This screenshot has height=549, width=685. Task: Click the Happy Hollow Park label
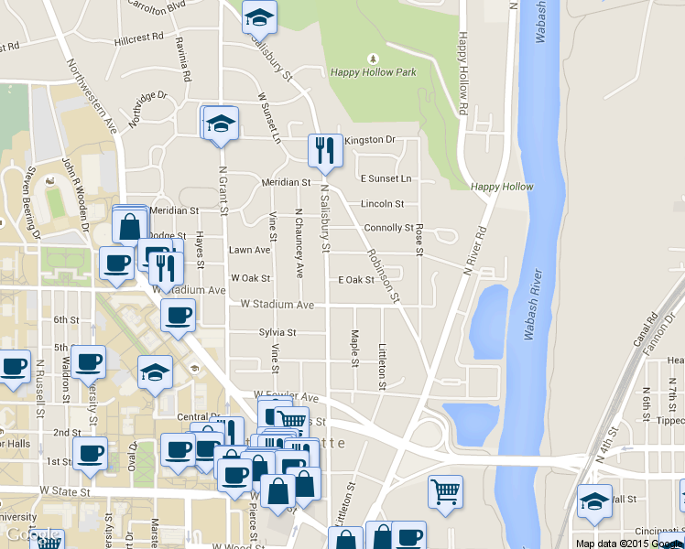pyautogui.click(x=374, y=72)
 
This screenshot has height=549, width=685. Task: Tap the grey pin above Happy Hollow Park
pyautogui.click(x=372, y=58)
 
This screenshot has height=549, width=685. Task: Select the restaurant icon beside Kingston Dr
pyautogui.click(x=323, y=152)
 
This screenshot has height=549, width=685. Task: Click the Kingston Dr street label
pyautogui.click(x=371, y=139)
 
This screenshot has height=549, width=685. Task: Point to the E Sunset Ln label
pyautogui.click(x=386, y=178)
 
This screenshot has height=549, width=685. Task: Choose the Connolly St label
pyautogui.click(x=388, y=228)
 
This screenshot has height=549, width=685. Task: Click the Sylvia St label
pyautogui.click(x=277, y=332)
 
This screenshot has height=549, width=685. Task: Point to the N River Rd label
pyautogui.click(x=477, y=252)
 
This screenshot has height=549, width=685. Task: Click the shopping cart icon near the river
pyautogui.click(x=446, y=491)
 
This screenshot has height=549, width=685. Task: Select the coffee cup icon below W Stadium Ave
pyautogui.click(x=179, y=316)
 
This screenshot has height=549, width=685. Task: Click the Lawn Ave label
pyautogui.click(x=249, y=250)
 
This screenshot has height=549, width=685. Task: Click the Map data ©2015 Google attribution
pyautogui.click(x=627, y=543)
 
